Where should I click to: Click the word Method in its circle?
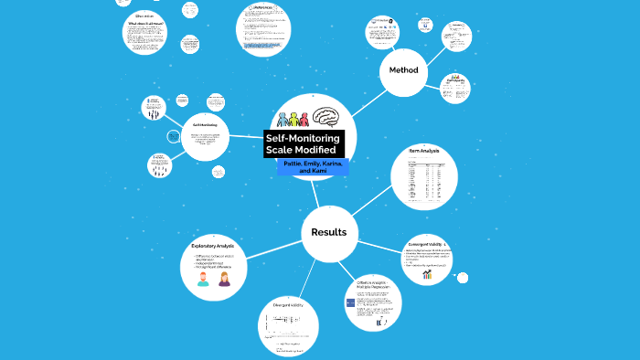click(403, 70)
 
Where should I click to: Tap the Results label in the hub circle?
click(329, 232)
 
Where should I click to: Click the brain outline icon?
click(329, 118)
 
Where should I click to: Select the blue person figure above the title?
click(283, 120)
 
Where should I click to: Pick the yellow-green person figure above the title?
click(293, 120)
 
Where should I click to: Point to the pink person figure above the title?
click(303, 120)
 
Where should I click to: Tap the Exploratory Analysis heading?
click(213, 247)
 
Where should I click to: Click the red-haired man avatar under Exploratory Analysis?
click(203, 278)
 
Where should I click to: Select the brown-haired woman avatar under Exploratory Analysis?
click(224, 278)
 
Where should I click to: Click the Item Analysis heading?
click(424, 150)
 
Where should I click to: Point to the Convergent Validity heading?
click(425, 245)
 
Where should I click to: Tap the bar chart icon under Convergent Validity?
click(427, 274)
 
